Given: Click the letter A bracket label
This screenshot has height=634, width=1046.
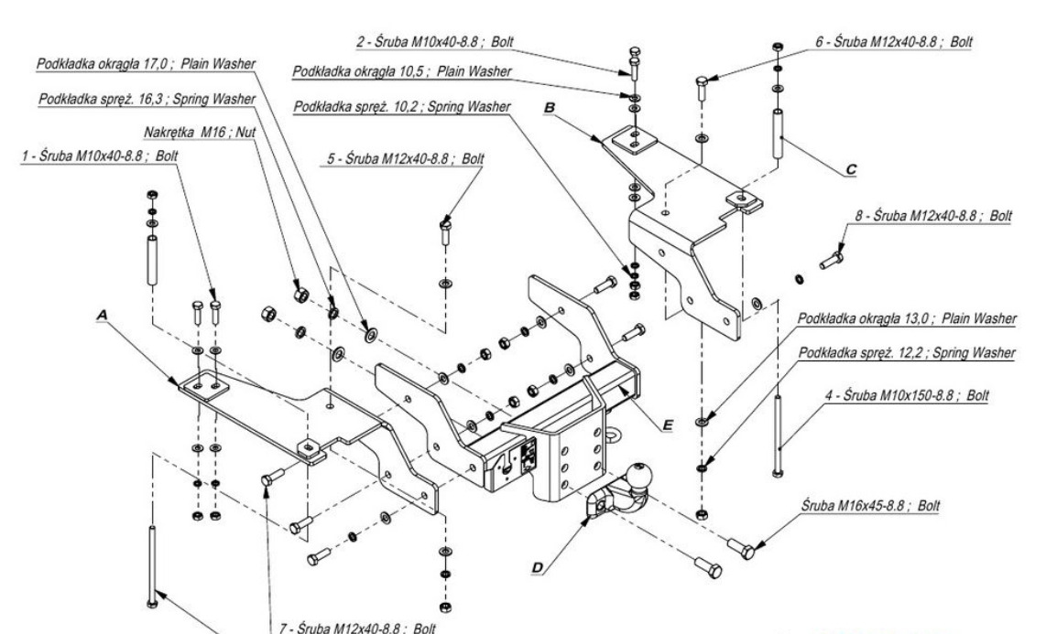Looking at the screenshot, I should tap(102, 312).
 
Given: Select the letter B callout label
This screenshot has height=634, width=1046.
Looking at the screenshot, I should tap(550, 107).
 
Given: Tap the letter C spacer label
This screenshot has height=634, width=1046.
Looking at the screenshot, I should tap(853, 167).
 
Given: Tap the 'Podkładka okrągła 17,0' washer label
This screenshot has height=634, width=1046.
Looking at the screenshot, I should tap(147, 64).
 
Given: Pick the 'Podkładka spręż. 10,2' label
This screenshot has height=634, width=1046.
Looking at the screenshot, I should tap(404, 107).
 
